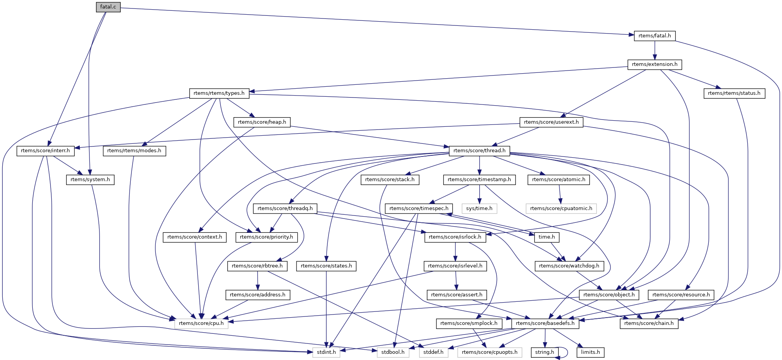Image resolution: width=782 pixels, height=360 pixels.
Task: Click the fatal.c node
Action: pos(108,7)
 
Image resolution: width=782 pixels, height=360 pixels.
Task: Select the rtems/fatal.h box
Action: pos(654,36)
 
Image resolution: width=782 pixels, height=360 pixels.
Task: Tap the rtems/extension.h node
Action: pos(654,64)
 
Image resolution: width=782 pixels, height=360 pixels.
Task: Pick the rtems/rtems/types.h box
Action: pos(219,93)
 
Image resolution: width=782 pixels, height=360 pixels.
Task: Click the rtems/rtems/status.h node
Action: pos(734,93)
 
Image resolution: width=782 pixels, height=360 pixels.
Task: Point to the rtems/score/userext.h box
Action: pos(551,122)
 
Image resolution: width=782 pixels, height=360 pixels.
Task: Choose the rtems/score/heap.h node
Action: pos(262,122)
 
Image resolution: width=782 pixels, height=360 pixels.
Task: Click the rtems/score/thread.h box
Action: pos(479,151)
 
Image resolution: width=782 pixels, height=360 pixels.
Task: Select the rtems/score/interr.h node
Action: pos(45,151)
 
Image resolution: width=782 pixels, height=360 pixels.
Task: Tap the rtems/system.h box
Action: pos(90,180)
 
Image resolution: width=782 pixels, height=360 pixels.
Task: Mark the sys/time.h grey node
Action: pos(479,209)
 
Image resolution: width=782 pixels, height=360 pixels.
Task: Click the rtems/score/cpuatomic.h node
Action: pos(561,209)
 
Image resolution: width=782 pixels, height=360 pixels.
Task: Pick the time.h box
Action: pos(546,237)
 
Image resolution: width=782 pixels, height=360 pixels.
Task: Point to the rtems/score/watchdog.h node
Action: pos(569,266)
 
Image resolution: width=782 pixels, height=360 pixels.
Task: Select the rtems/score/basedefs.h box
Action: pos(545,323)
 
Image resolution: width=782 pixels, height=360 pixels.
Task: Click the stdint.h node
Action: pos(326,352)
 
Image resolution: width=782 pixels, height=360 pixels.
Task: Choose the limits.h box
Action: pos(590,352)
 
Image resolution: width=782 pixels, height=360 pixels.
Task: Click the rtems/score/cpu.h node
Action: pos(201,323)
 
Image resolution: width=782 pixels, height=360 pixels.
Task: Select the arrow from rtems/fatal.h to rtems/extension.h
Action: pos(654,50)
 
